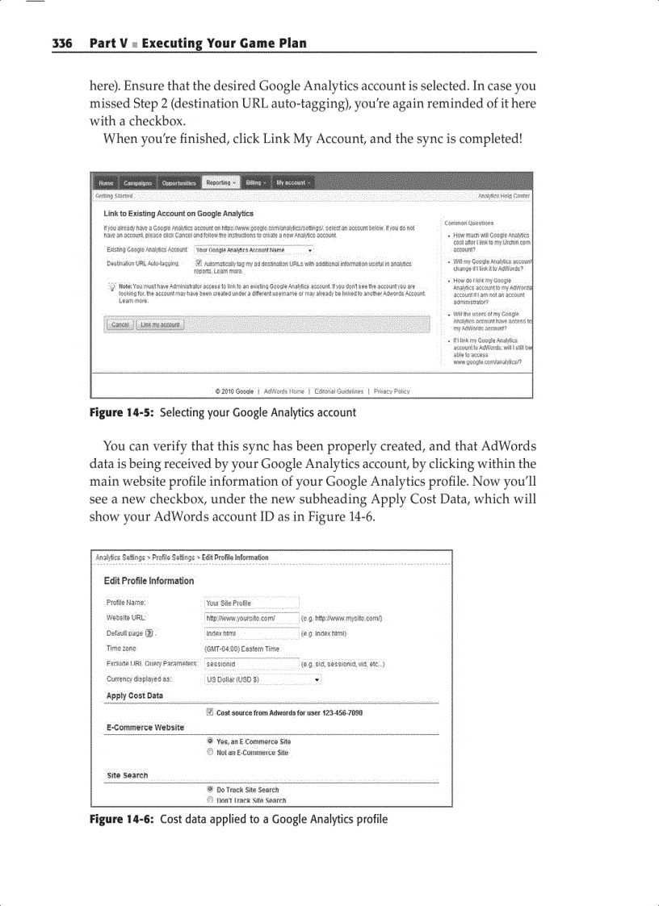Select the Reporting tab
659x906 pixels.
tap(220, 183)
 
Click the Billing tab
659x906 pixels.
tap(255, 183)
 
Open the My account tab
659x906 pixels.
tap(292, 183)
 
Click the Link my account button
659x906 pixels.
tap(160, 324)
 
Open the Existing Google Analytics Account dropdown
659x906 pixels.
tap(254, 250)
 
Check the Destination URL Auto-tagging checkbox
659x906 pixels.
tap(199, 263)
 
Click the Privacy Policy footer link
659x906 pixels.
tap(392, 391)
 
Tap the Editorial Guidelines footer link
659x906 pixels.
tap(338, 391)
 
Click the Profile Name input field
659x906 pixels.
tap(252, 603)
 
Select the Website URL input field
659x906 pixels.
tap(252, 618)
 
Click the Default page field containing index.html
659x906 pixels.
tap(252, 633)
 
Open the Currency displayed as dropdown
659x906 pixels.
tap(263, 679)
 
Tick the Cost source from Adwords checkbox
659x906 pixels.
tap(210, 712)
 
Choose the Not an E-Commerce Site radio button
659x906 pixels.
tap(210, 753)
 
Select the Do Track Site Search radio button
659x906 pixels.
tap(210, 790)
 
